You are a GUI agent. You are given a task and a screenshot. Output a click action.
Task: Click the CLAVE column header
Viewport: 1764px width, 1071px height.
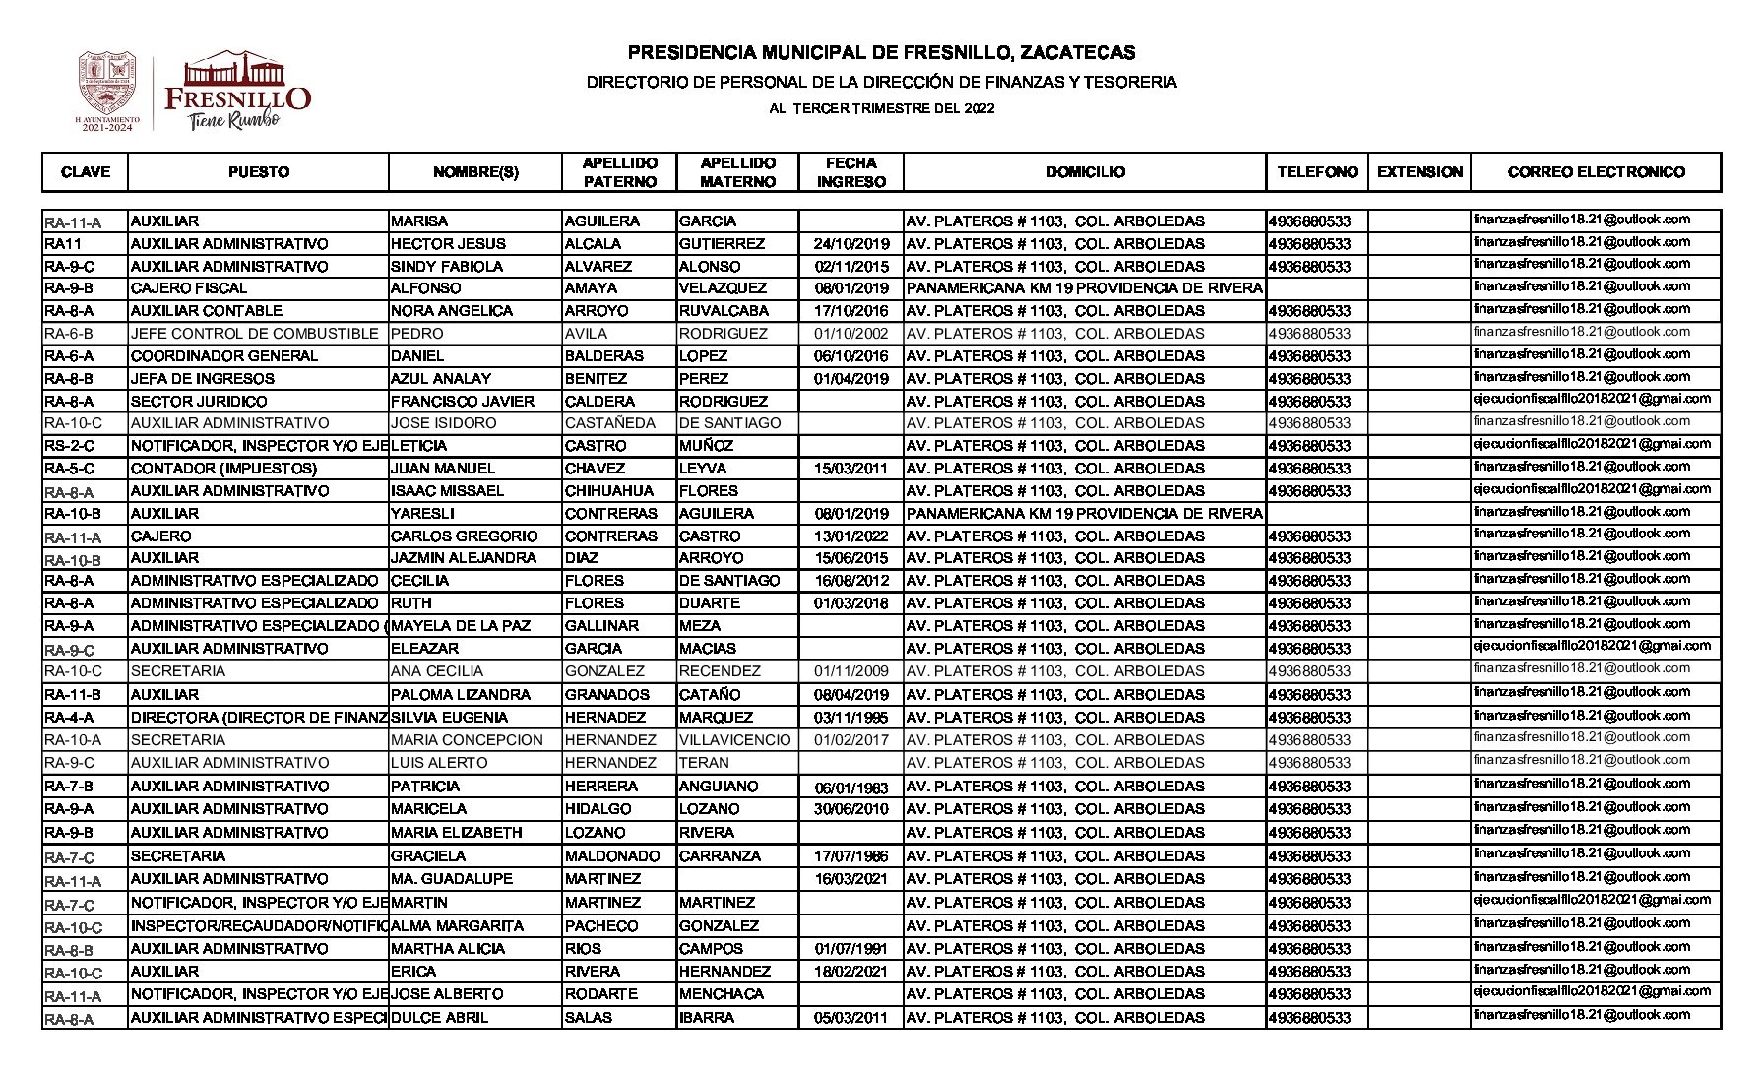[x=86, y=172]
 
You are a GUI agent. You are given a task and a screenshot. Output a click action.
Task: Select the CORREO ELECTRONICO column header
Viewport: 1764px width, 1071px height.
[x=1596, y=172]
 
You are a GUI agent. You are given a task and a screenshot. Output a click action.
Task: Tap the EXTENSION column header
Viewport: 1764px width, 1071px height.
[x=1419, y=172]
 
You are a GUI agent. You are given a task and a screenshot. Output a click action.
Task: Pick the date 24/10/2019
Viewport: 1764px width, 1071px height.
[x=851, y=244]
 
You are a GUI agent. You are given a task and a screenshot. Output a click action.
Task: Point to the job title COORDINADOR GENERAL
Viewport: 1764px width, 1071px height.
[x=224, y=356]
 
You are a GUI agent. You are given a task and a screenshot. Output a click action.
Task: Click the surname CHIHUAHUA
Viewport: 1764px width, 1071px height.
[x=608, y=491]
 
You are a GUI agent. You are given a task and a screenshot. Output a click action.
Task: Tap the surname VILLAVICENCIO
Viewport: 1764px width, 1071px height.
[x=734, y=740]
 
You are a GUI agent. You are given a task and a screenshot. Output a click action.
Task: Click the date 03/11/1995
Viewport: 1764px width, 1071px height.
[x=851, y=718]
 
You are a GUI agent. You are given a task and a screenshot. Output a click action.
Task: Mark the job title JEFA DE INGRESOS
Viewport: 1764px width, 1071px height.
[x=203, y=379]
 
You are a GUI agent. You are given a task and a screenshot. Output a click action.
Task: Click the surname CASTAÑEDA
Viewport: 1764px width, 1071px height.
[x=611, y=423]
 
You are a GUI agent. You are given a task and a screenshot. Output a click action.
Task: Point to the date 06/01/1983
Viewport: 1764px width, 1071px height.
[x=851, y=787]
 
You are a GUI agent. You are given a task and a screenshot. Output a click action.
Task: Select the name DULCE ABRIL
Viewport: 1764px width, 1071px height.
[x=439, y=1018]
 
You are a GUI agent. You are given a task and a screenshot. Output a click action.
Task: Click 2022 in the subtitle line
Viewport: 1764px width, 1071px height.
[x=979, y=108]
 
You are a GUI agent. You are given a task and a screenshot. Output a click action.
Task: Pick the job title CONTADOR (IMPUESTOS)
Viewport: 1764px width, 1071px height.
[x=224, y=469]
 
